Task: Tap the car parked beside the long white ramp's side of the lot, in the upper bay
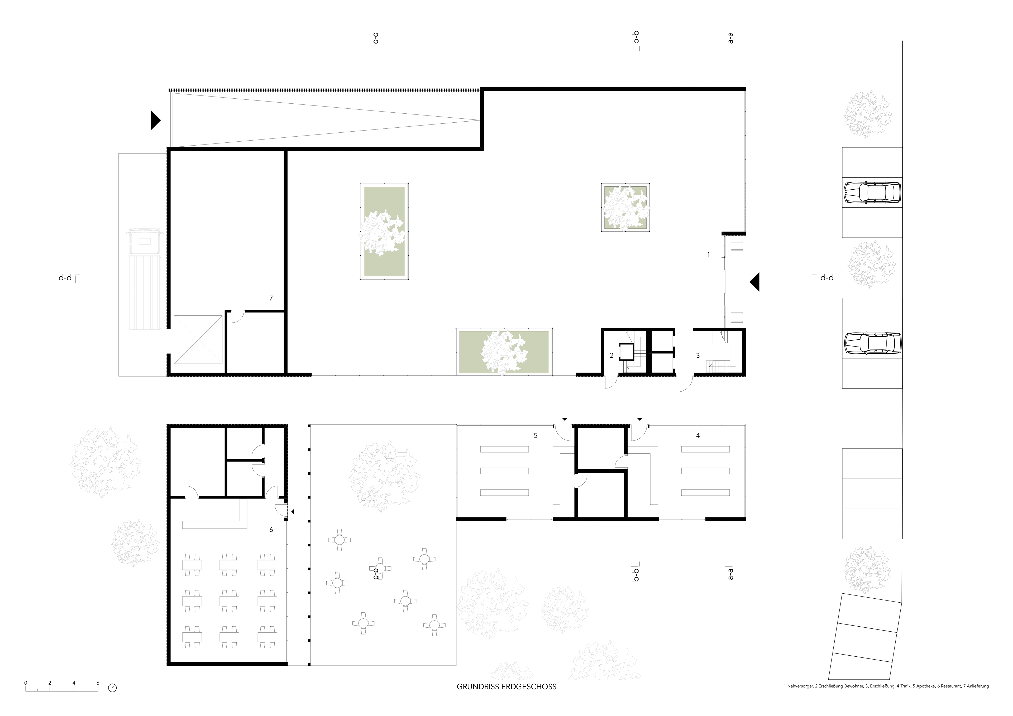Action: pos(872,192)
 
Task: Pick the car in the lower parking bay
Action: pos(872,343)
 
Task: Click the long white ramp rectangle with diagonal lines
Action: pos(325,119)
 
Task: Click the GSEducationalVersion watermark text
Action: pos(41,687)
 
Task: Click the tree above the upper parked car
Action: pos(867,114)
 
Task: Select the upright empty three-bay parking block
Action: pos(872,494)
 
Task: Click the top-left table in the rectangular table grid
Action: pos(192,565)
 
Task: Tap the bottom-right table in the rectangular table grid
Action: pos(267,637)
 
